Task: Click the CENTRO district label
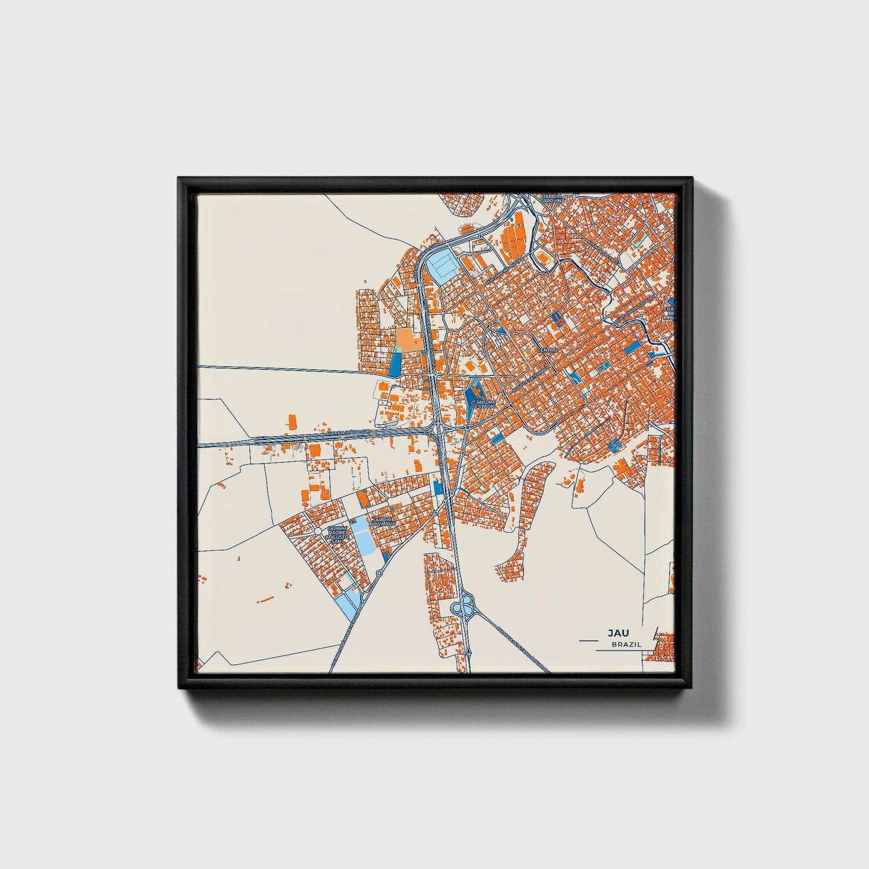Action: point(547,349)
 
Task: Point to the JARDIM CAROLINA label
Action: point(551,198)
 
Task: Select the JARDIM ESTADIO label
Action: point(485,404)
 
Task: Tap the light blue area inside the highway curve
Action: point(444,263)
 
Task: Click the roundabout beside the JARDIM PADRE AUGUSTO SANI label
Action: point(317,532)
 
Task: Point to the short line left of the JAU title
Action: point(590,641)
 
